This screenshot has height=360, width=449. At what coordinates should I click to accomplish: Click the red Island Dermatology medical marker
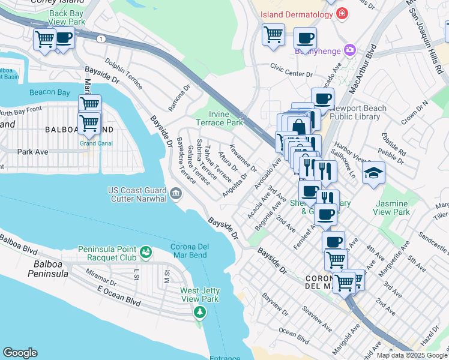[x=342, y=14]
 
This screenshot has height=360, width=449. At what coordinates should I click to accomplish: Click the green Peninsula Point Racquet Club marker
[x=145, y=252]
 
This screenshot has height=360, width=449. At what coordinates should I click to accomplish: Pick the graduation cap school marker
[x=373, y=174]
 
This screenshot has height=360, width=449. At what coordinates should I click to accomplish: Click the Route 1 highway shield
[x=101, y=38]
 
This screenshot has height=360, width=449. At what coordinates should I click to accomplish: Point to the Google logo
[x=20, y=353]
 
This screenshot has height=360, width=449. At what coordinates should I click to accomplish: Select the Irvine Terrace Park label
[x=225, y=118]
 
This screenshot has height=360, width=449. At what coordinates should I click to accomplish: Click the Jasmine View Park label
[x=391, y=208]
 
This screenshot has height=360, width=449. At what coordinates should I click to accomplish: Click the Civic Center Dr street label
[x=291, y=70]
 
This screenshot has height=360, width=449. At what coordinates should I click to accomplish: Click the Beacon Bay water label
[x=49, y=92]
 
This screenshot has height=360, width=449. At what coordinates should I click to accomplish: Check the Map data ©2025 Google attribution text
[x=412, y=355]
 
